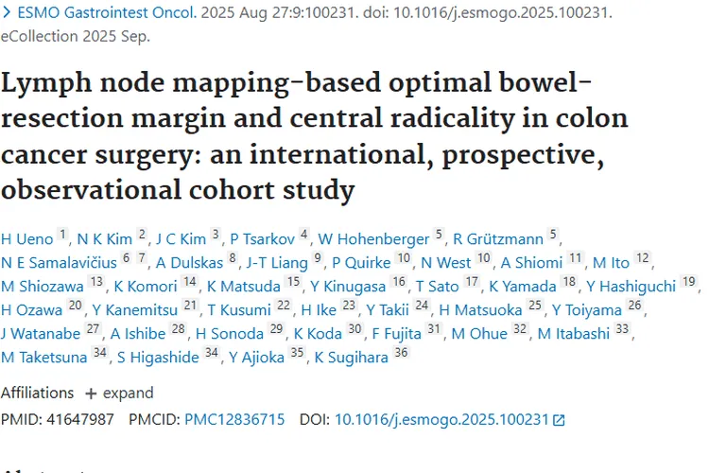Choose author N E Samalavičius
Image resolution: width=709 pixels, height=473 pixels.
click(59, 262)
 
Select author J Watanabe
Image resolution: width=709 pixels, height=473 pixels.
click(41, 333)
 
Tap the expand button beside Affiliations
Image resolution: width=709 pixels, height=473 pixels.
click(120, 393)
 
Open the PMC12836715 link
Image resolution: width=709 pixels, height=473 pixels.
click(234, 418)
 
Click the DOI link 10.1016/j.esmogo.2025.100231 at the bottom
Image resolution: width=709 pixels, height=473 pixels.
click(442, 418)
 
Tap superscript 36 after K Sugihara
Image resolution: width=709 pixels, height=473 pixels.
click(402, 353)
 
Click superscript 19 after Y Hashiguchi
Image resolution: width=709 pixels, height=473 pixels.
click(688, 282)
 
